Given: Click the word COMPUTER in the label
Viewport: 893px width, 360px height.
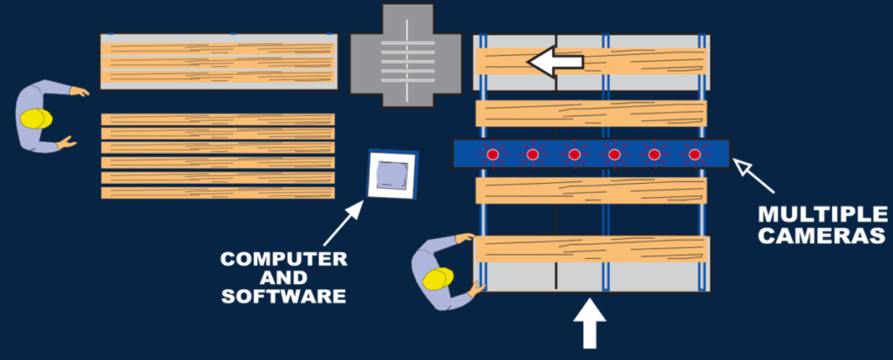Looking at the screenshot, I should coord(283,259).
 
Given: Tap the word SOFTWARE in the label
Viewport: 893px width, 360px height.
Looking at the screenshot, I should coord(283,295).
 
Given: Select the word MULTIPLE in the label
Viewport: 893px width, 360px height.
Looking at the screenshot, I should coord(822,214).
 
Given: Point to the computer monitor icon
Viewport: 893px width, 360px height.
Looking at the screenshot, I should coord(392,174).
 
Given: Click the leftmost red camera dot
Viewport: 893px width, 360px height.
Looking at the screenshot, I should coord(492,154).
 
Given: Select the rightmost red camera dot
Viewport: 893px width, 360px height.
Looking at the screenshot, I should coord(694,154).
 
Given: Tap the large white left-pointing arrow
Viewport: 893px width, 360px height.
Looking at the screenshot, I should coord(555,62).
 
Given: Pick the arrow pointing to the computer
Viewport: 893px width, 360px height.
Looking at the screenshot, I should coord(342,224).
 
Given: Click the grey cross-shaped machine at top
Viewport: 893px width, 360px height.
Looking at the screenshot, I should coord(405,54).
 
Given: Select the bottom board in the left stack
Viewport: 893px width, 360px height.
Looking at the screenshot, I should coord(218,192).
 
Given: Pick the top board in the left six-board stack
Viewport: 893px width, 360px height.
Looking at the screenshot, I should coord(218,119).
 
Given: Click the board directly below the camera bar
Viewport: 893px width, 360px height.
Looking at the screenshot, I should coord(590,190).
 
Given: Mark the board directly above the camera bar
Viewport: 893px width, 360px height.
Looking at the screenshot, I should coord(590,113).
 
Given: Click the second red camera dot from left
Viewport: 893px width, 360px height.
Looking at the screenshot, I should coord(533,154).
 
